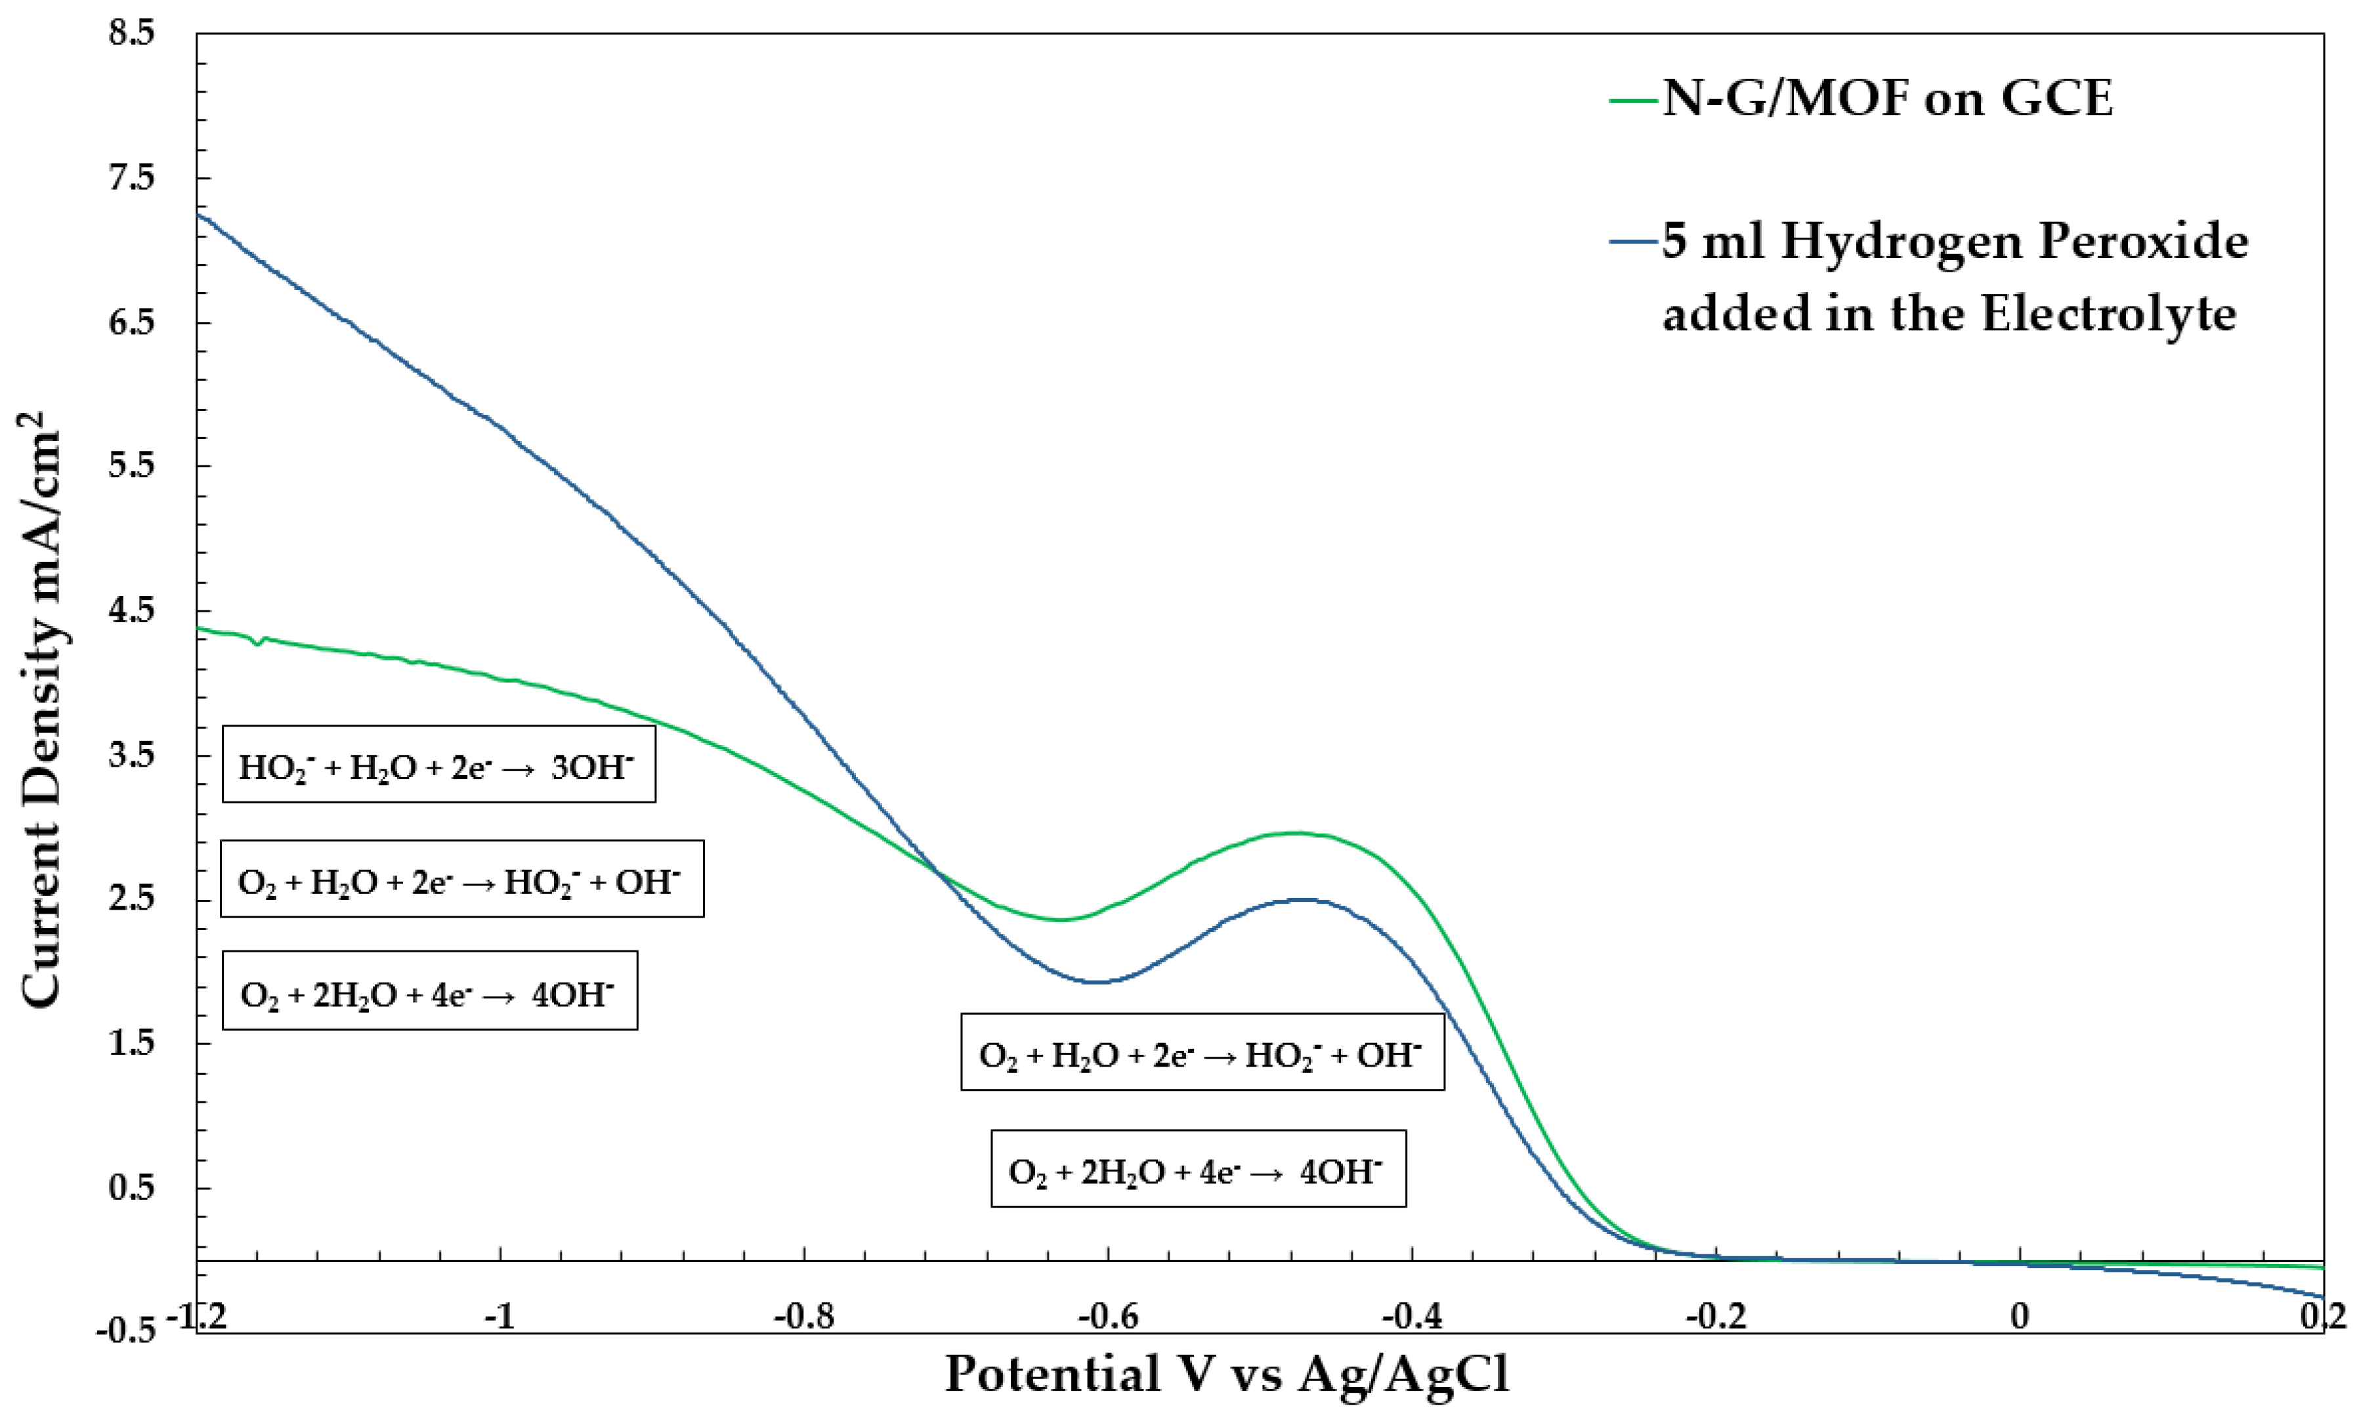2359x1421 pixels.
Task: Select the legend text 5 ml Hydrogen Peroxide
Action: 1953,242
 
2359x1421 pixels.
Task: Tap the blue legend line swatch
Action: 1633,242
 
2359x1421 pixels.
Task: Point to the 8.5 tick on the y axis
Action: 131,33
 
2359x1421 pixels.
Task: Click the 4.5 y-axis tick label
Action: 131,611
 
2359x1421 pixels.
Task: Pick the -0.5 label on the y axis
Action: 127,1332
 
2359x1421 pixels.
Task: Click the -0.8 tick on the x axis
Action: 803,1317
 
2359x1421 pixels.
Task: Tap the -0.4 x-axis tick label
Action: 1411,1317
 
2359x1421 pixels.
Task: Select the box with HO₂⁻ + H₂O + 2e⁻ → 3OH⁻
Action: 438,765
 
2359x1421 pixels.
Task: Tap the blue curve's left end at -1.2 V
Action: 199,215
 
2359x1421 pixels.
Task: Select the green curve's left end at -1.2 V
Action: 199,628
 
